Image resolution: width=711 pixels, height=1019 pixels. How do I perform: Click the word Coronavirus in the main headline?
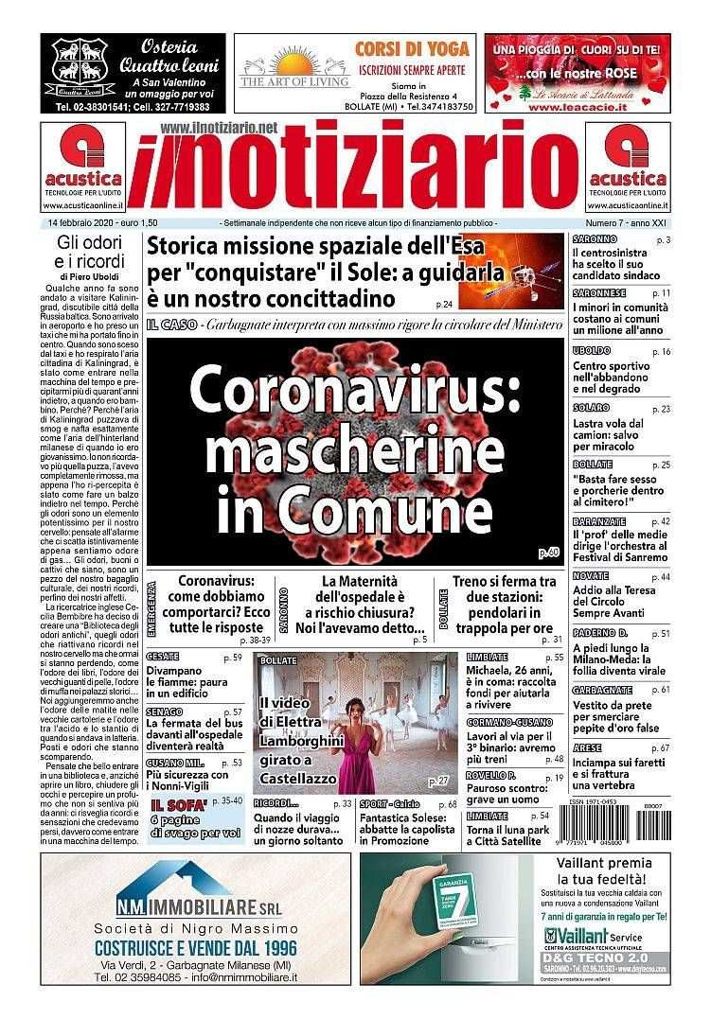[x=355, y=390]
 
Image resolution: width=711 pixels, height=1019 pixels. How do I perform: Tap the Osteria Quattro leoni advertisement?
[x=133, y=74]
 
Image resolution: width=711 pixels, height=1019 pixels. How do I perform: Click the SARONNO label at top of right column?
[x=595, y=240]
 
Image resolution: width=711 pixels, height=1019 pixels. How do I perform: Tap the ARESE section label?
[x=587, y=747]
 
